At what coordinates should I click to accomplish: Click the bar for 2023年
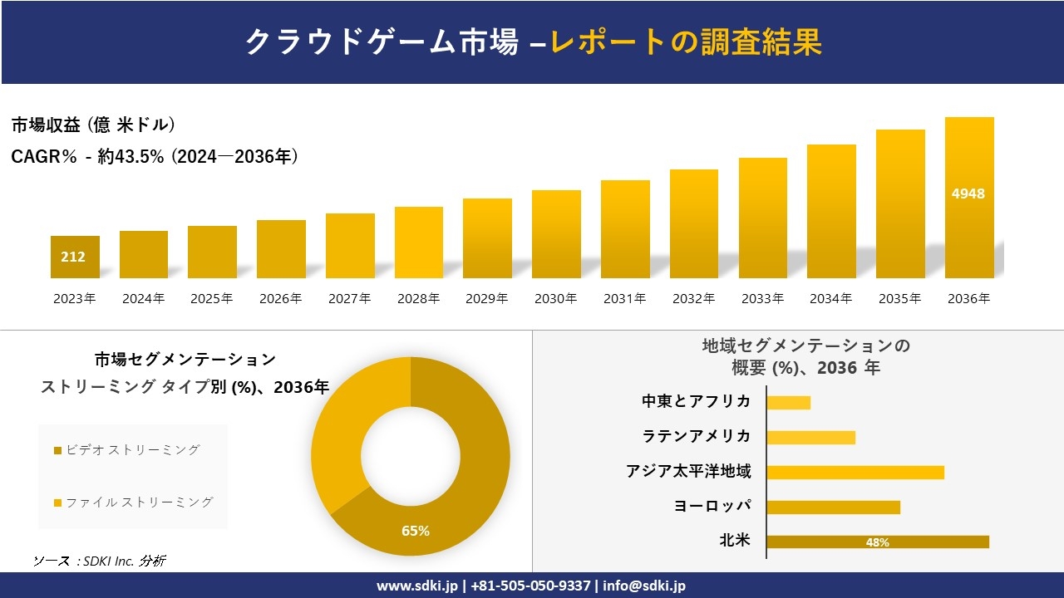(x=75, y=257)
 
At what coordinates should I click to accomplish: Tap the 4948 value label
(x=968, y=194)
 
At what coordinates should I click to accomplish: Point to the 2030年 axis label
(x=555, y=299)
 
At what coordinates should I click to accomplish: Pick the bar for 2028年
(x=419, y=243)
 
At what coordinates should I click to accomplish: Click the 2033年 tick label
(x=762, y=299)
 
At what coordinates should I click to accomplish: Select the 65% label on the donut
(x=416, y=531)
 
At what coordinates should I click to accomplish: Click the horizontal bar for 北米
(x=878, y=542)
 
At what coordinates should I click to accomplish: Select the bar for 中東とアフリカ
(x=788, y=403)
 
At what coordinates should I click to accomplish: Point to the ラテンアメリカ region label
(x=696, y=436)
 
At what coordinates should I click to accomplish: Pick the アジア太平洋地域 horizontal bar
(x=855, y=473)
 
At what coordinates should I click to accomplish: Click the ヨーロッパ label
(x=712, y=506)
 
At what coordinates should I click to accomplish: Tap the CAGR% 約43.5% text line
(x=155, y=156)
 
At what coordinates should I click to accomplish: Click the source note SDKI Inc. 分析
(x=100, y=561)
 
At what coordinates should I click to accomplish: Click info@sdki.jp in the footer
(x=644, y=586)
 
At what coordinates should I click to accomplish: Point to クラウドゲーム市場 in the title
(x=382, y=42)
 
